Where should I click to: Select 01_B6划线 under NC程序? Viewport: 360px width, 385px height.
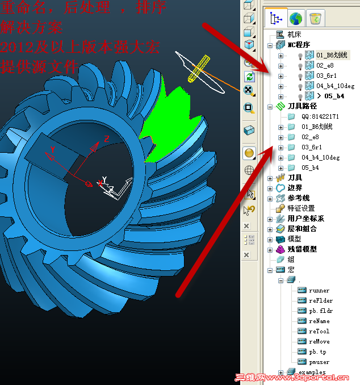click(x=333, y=55)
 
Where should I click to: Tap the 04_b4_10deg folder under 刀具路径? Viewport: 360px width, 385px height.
click(x=321, y=157)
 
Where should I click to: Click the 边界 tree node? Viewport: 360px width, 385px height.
click(x=295, y=188)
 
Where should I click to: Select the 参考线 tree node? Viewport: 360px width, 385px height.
click(x=298, y=198)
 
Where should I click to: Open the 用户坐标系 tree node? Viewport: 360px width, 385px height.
click(x=305, y=219)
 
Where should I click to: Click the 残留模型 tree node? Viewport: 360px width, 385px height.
click(x=302, y=249)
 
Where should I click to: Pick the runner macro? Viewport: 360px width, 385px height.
click(x=319, y=290)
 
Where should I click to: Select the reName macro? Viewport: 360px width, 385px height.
click(x=319, y=321)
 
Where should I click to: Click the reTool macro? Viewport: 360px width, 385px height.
click(x=319, y=331)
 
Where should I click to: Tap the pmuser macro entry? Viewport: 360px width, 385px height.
click(x=319, y=362)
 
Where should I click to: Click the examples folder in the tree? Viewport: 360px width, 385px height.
click(x=312, y=372)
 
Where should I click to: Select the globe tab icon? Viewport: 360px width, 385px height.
click(x=296, y=18)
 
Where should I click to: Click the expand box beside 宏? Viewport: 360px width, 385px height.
click(x=270, y=270)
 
